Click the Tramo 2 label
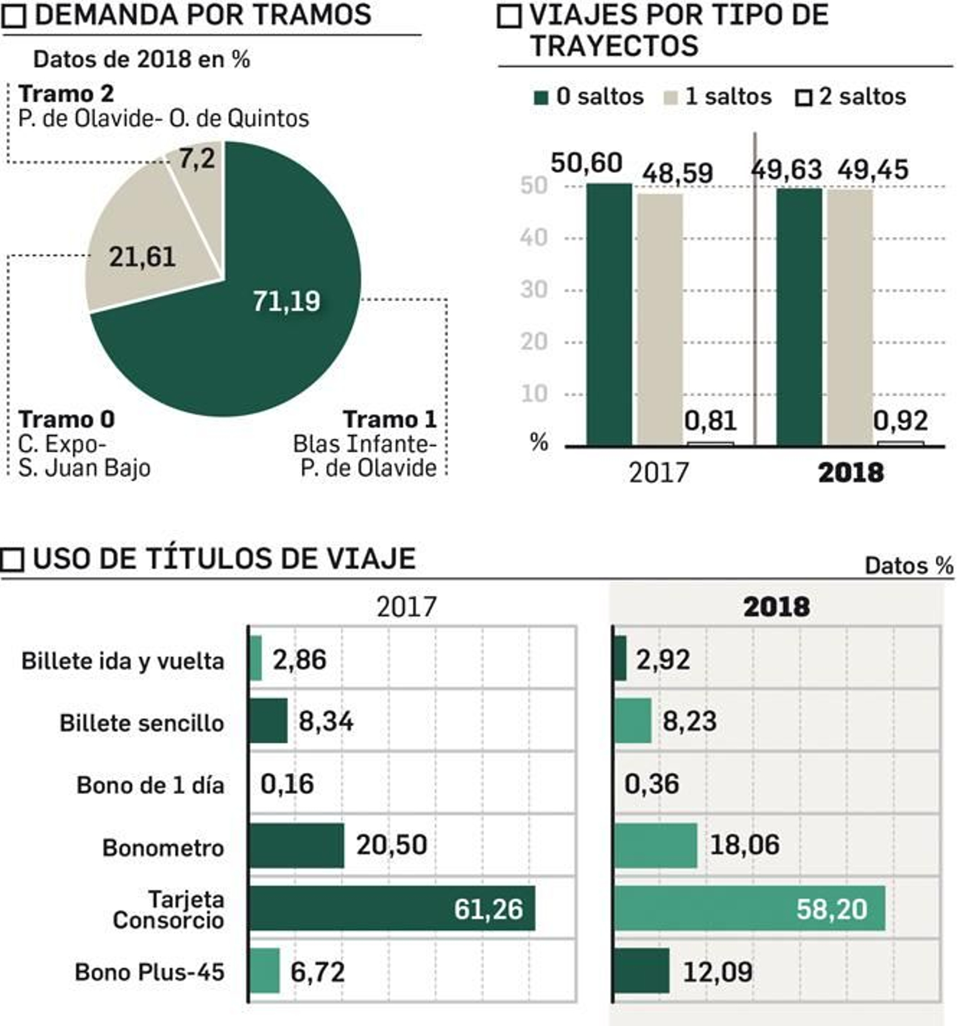[66, 94]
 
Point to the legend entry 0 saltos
[588, 97]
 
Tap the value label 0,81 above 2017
[710, 420]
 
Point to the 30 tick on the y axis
[534, 290]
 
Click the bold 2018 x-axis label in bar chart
[850, 473]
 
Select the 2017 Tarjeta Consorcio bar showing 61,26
[390, 908]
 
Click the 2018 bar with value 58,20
[748, 908]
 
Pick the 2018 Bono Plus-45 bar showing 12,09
[641, 971]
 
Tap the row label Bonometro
[163, 848]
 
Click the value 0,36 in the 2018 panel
[652, 784]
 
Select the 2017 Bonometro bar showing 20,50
[296, 845]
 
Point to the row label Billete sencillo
[142, 723]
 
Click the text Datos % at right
[908, 566]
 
